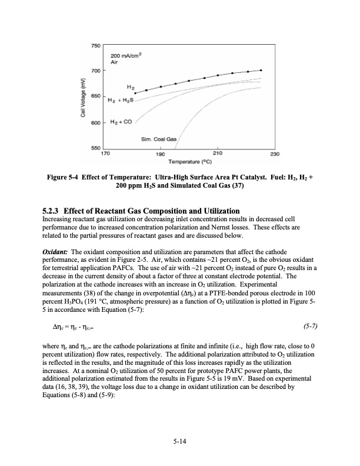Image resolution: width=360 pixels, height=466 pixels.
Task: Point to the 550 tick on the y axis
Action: [95, 147]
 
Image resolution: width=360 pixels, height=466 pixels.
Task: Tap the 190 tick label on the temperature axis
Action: [161, 154]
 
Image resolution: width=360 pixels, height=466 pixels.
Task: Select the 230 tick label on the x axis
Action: [274, 154]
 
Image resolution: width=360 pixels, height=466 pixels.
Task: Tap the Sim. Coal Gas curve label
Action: [154, 139]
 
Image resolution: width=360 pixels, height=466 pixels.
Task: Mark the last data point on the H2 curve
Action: [261, 70]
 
